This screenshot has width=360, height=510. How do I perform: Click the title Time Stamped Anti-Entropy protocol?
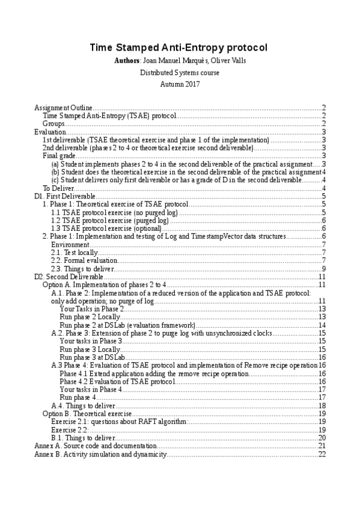click(180, 48)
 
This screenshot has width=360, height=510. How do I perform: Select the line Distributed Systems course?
click(180, 73)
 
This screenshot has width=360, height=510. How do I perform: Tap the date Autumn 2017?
click(180, 84)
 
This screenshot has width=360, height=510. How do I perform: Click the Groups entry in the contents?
click(53, 123)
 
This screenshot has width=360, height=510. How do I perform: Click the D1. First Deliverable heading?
click(65, 196)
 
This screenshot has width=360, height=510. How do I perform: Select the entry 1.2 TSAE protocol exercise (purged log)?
click(109, 220)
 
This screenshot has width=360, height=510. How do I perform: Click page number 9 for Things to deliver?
click(323, 268)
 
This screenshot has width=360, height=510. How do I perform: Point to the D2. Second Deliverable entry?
click(69, 277)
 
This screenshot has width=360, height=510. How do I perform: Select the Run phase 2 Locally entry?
click(90, 317)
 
